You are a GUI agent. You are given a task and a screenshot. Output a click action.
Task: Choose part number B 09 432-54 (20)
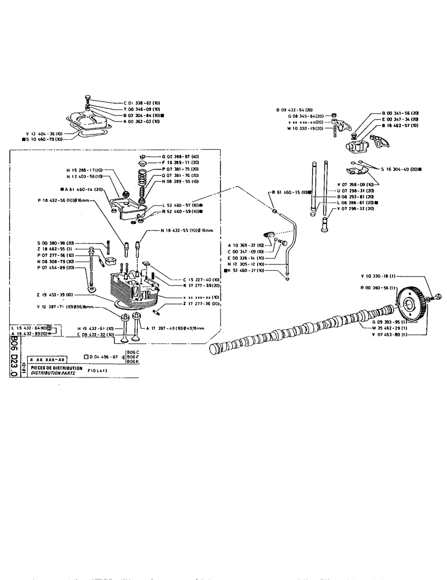click(x=294, y=110)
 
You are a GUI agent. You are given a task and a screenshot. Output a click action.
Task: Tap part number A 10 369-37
click(x=246, y=246)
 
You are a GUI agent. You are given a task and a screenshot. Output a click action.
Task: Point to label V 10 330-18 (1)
click(x=379, y=275)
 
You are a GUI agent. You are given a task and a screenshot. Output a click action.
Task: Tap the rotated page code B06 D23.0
click(x=14, y=358)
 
